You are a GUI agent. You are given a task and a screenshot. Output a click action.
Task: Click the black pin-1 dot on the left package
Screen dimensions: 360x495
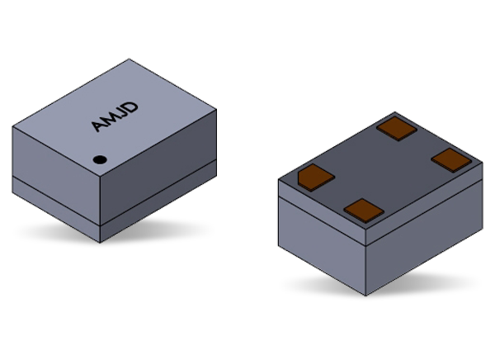pyautogui.click(x=99, y=159)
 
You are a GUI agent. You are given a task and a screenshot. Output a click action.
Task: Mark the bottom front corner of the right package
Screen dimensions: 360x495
pyautogui.click(x=367, y=295)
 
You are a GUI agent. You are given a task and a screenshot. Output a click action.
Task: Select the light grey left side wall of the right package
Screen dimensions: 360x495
pyautogui.click(x=322, y=231)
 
